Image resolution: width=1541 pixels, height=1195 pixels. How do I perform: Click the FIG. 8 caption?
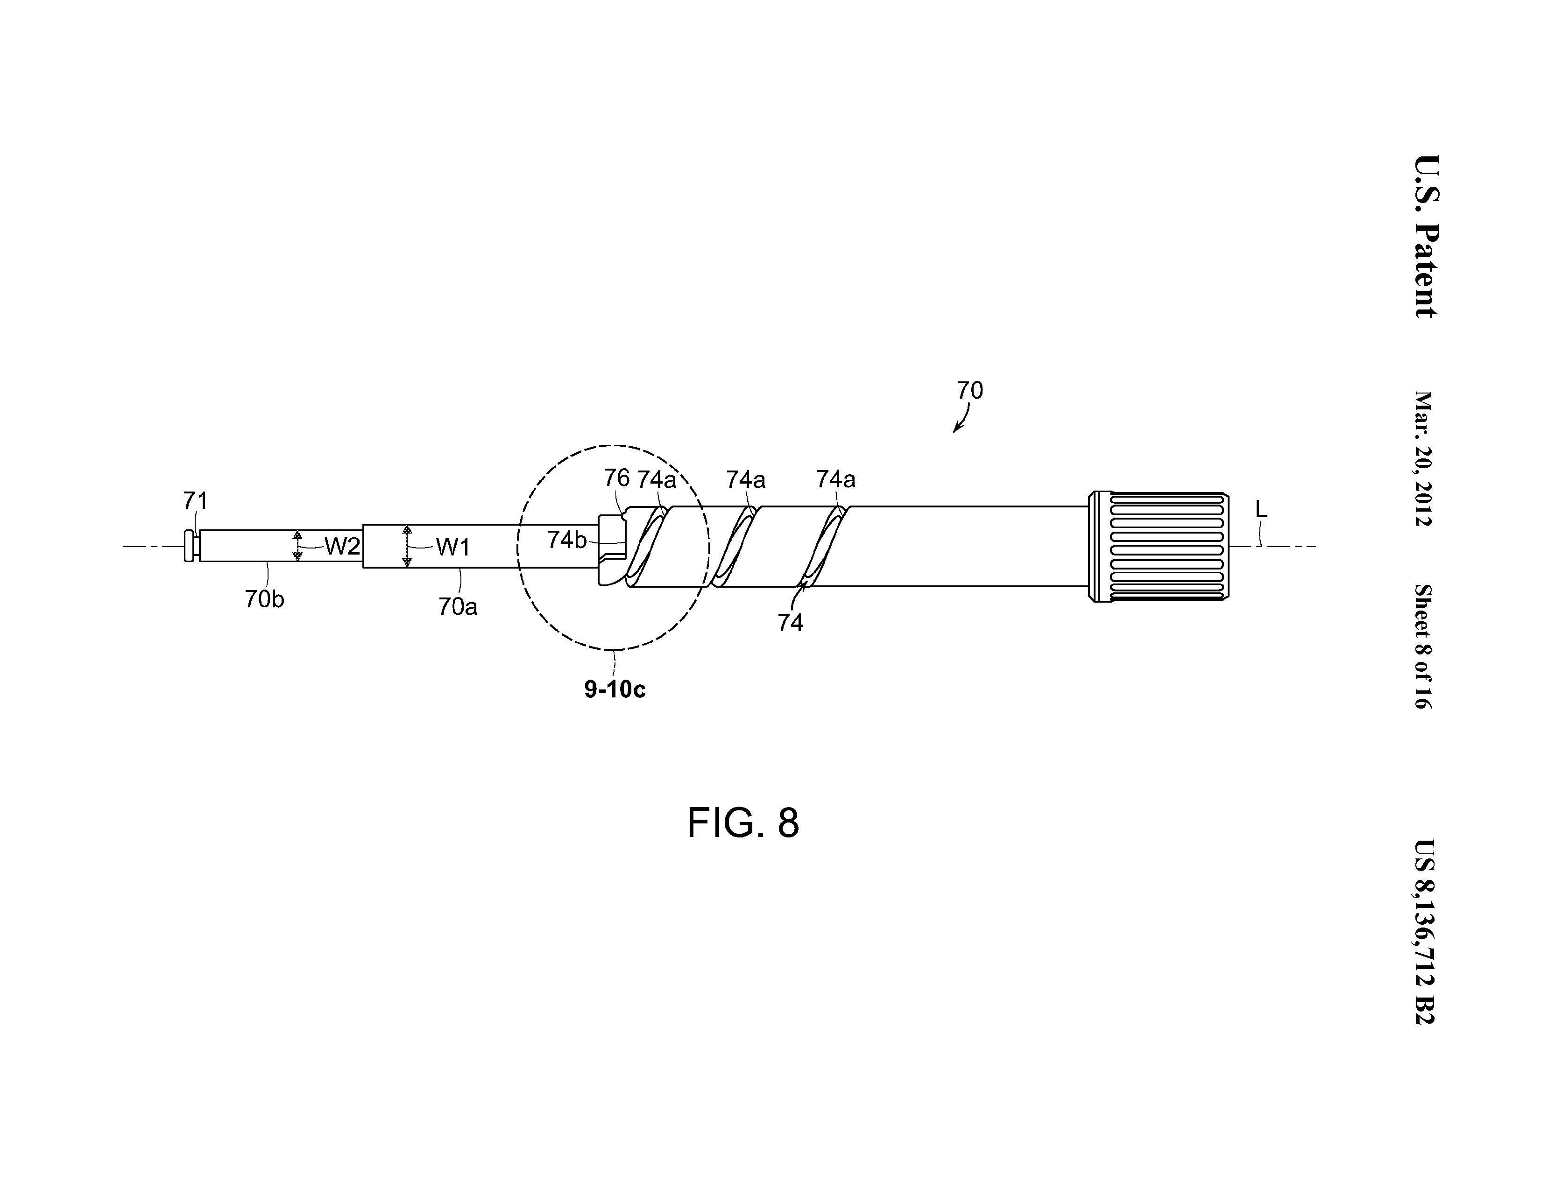743,822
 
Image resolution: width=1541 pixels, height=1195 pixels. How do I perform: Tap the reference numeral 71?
196,501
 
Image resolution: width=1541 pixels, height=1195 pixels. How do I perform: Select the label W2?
342,546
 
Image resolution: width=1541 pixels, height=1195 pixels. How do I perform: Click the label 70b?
265,599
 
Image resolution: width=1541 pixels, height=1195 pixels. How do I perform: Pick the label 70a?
458,607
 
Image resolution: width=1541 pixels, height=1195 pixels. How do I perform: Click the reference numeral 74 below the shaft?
790,622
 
